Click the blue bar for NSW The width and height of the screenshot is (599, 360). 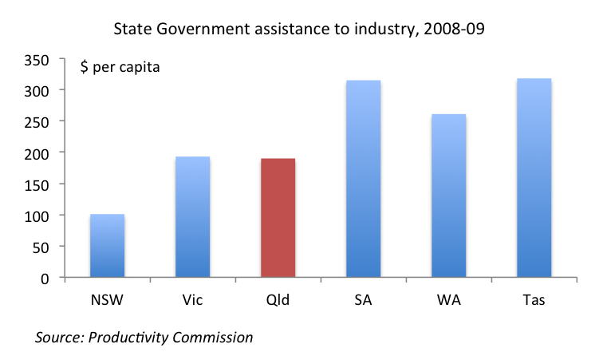pos(107,246)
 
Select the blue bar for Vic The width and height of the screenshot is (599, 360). pos(192,217)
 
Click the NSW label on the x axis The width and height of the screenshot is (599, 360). pos(107,300)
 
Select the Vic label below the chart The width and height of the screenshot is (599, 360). pos(192,300)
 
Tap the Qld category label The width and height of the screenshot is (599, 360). pos(278,300)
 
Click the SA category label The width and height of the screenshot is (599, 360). pos(363,300)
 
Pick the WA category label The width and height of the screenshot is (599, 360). pos(448,300)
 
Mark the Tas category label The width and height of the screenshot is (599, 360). pos(534,300)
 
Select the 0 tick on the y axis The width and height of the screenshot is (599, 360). pos(48,278)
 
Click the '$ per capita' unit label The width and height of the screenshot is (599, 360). pos(120,67)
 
